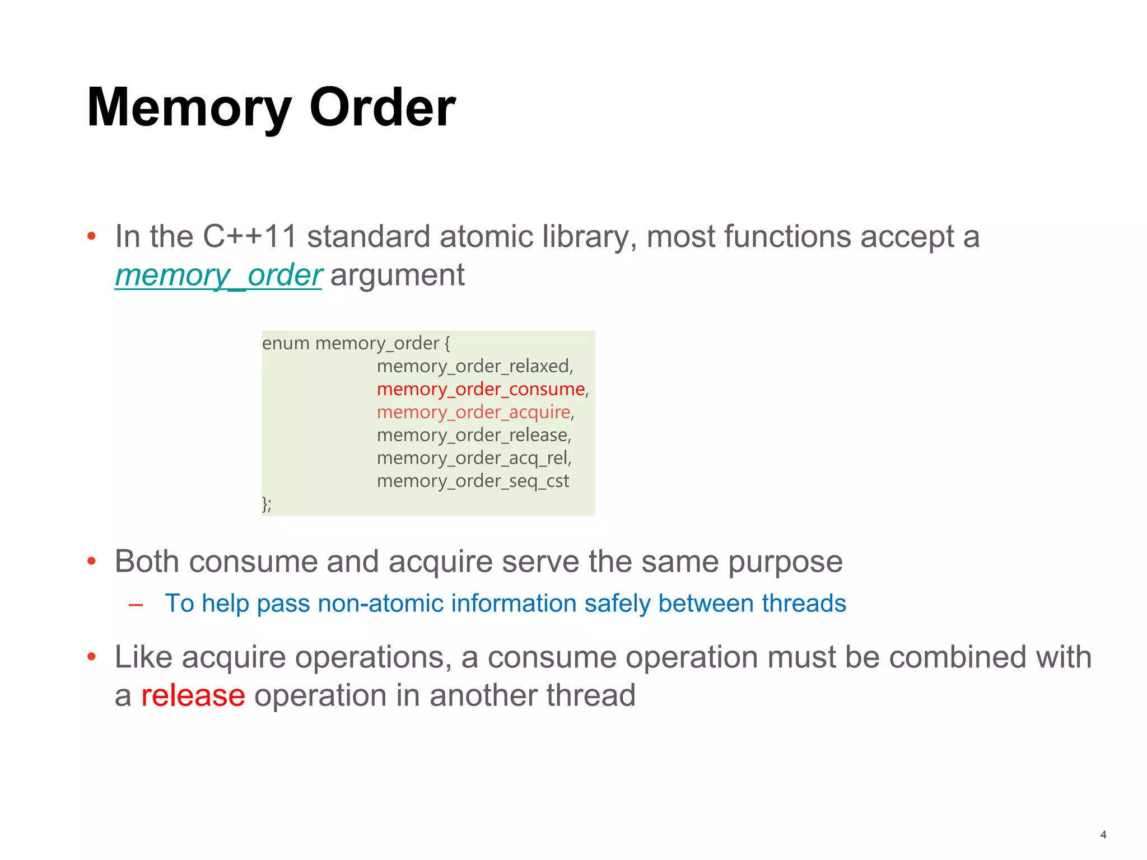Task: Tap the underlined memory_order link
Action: [218, 275]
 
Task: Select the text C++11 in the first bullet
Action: [250, 236]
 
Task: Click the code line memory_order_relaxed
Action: [474, 366]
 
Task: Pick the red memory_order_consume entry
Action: [481, 389]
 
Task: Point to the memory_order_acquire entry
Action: [474, 412]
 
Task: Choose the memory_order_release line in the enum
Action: [473, 435]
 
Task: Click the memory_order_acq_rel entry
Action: [473, 458]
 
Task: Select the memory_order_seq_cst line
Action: [473, 481]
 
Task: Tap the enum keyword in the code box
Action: [286, 343]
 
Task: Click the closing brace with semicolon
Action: [267, 504]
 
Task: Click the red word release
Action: [193, 695]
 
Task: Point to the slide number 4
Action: [1103, 835]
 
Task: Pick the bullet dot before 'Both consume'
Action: [92, 561]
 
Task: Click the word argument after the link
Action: [398, 275]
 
